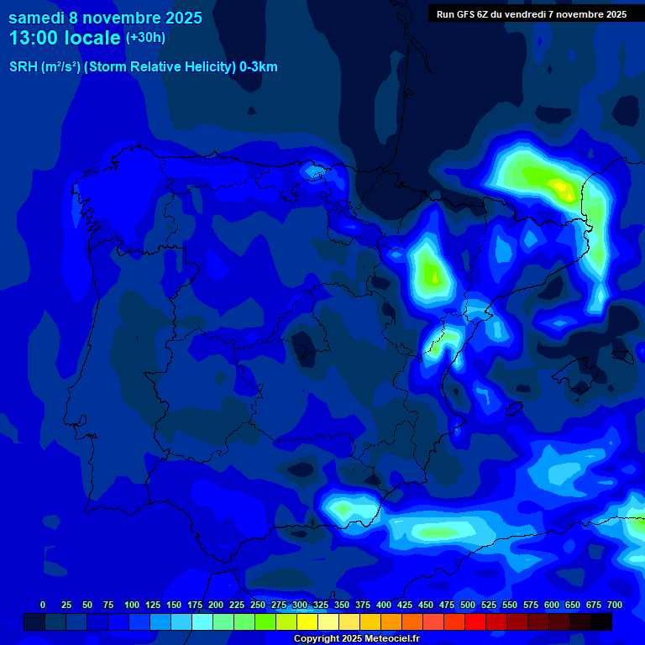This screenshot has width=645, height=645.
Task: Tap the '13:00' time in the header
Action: point(34,38)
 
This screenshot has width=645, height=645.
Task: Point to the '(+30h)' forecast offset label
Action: point(145,38)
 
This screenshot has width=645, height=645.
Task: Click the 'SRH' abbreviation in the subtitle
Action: point(23,67)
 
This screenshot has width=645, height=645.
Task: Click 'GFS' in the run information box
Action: point(468,14)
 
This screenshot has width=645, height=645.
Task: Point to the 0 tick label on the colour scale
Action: point(43,605)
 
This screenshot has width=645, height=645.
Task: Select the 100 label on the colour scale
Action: point(131,605)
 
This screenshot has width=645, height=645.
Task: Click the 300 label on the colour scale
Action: point(299,605)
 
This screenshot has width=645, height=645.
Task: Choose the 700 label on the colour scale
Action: point(614,605)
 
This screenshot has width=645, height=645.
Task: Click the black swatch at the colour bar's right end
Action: point(601,622)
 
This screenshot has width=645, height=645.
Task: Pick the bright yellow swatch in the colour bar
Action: point(307,622)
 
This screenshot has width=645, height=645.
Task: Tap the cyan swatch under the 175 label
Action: point(202,622)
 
